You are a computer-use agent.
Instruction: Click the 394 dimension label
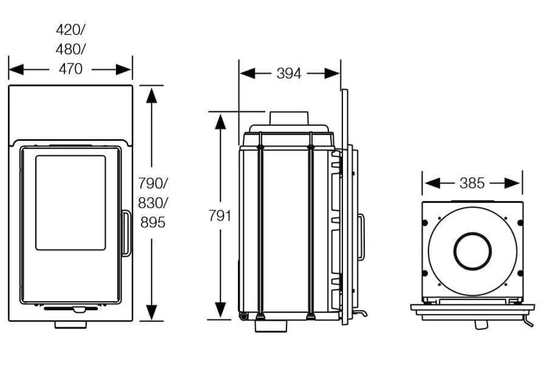click(289, 73)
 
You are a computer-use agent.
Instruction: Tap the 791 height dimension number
click(219, 216)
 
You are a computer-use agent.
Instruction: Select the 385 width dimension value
click(472, 183)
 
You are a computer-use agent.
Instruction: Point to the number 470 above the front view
click(70, 69)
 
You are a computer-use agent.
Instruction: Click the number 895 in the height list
click(152, 223)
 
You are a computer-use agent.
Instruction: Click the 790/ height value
click(152, 183)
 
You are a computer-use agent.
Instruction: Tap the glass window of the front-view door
click(70, 202)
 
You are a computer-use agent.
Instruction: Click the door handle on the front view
click(126, 233)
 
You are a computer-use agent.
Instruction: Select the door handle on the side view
click(361, 237)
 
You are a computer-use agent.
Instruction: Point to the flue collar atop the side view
click(289, 119)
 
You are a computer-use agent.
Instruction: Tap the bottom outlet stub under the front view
click(70, 325)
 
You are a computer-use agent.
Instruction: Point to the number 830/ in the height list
click(152, 203)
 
